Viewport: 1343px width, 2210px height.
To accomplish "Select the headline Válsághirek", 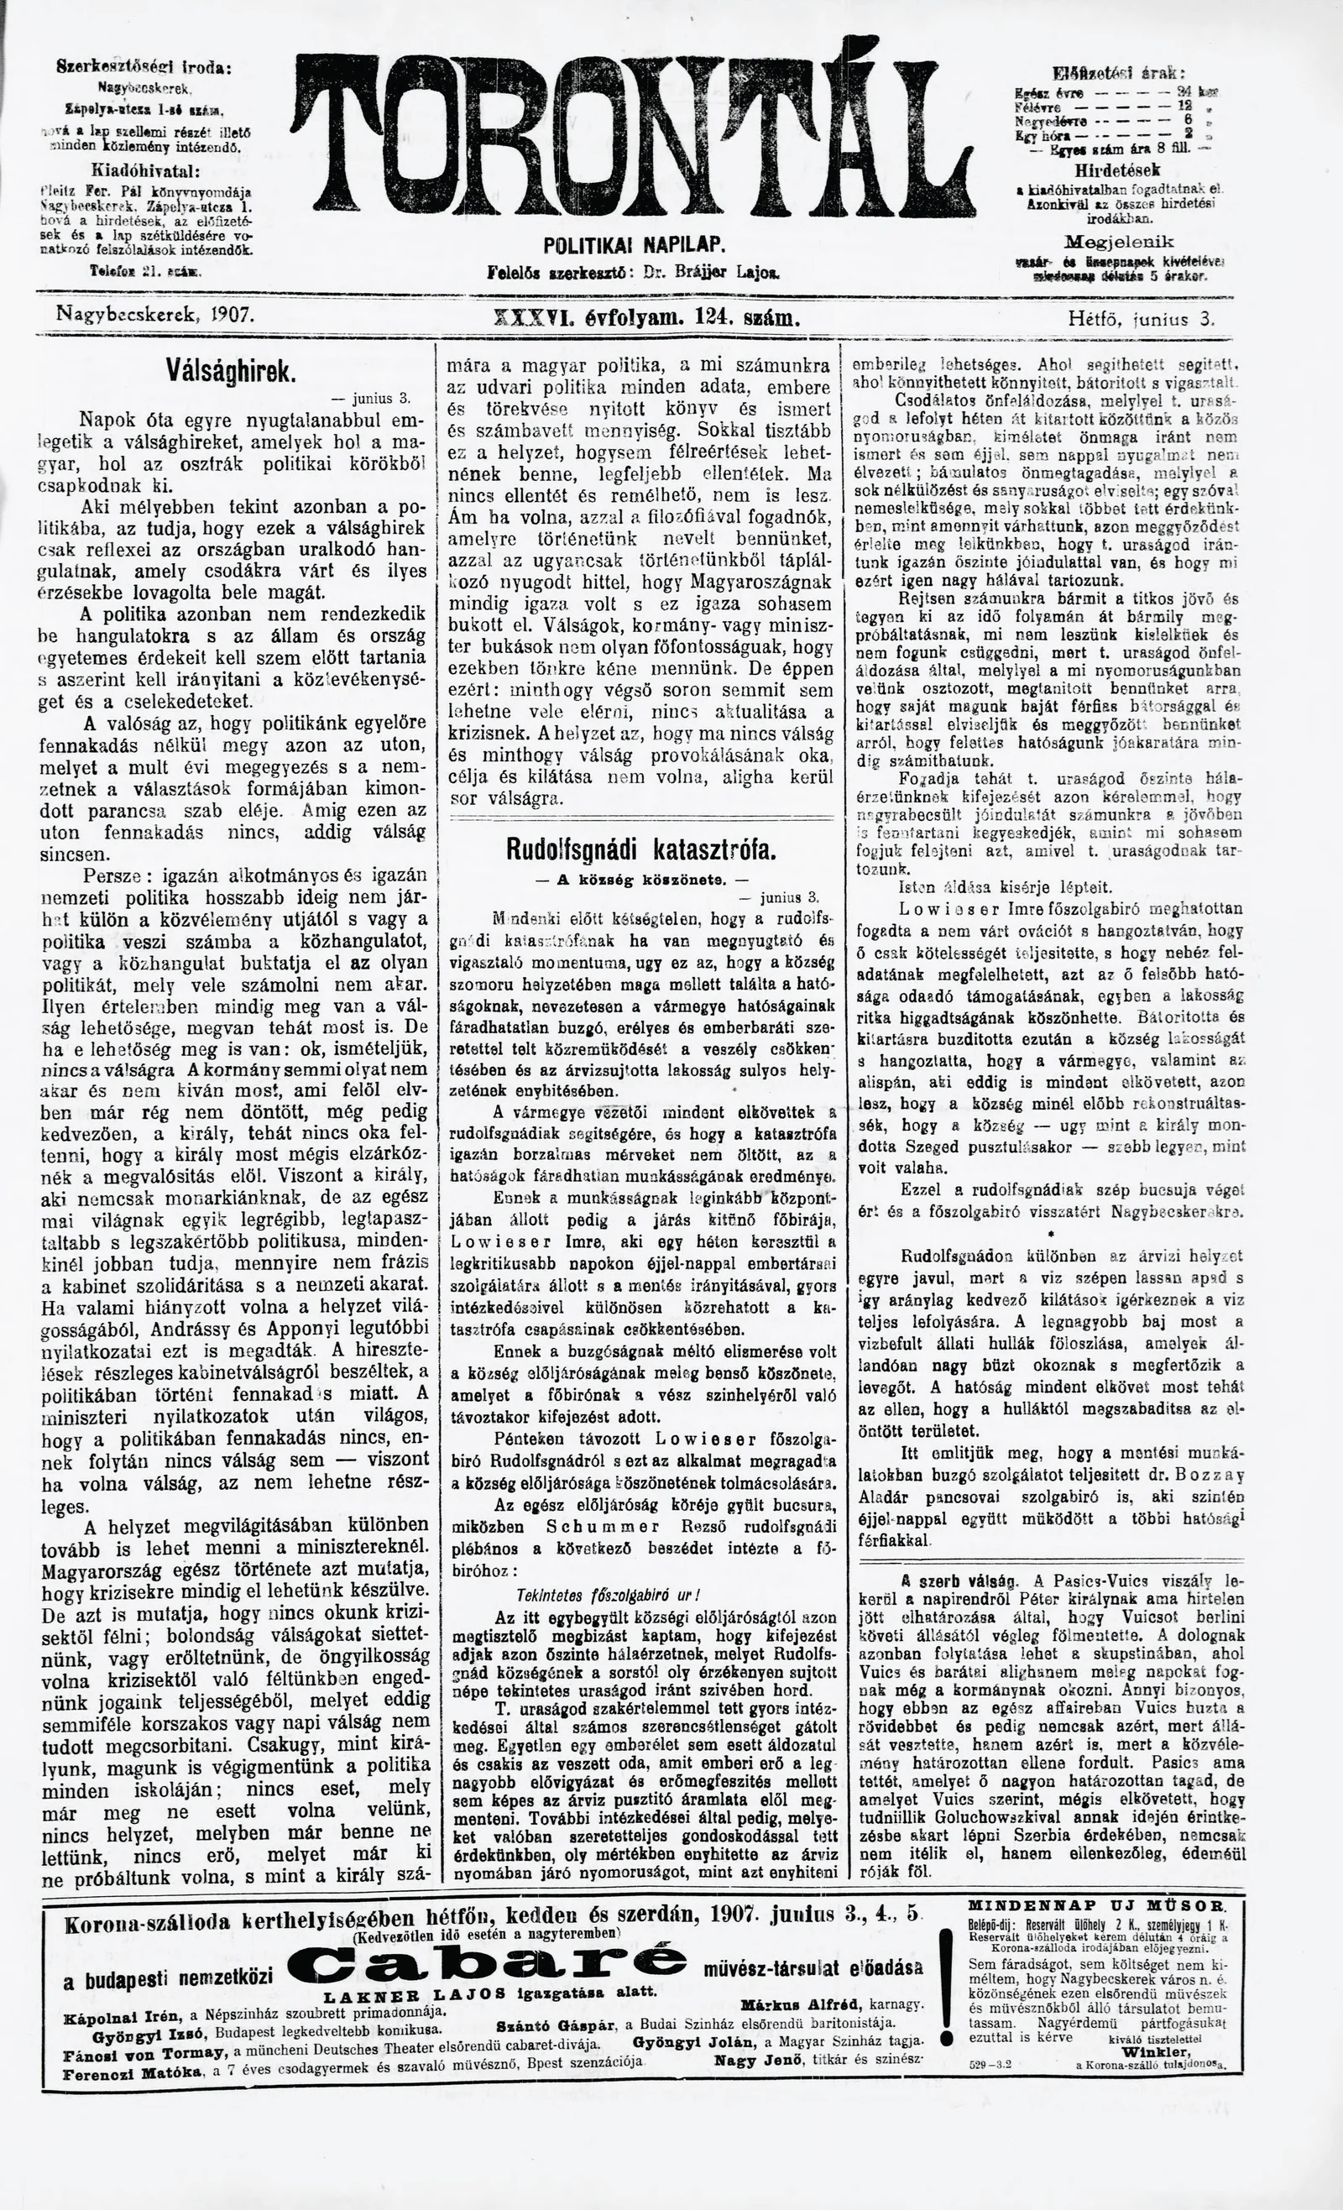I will [231, 371].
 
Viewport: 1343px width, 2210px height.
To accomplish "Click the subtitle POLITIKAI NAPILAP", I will [634, 246].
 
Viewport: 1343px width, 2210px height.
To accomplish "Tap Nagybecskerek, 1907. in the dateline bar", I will [155, 315].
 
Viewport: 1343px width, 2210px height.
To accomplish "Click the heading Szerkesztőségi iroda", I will [143, 67].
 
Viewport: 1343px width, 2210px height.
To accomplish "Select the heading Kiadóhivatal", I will [145, 170].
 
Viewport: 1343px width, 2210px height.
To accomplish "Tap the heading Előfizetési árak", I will [1118, 75].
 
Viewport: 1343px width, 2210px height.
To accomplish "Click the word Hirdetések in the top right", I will [1117, 170].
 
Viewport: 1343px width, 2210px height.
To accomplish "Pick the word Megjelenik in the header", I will [1118, 243].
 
